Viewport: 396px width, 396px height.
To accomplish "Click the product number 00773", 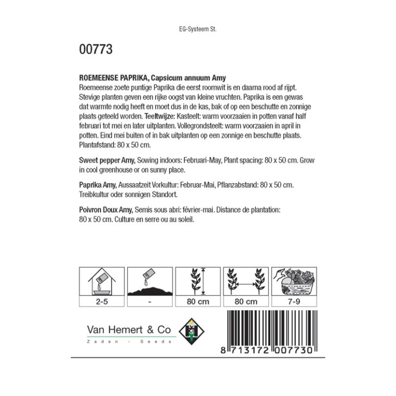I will click(x=96, y=49).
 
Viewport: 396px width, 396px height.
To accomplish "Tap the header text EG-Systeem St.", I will click(x=198, y=29).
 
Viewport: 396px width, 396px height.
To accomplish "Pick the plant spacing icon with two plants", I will click(x=246, y=283).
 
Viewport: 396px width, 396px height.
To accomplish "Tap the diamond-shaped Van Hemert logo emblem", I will click(x=191, y=328).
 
